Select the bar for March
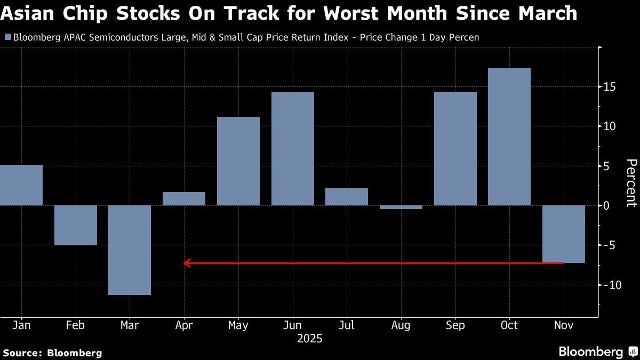130,250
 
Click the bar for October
509,137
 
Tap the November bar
564,234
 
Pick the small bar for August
401,207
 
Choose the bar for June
293,149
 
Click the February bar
75,225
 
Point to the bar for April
184,198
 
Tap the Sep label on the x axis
455,325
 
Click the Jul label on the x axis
347,325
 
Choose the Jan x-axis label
21,325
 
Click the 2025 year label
310,339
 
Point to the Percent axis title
631,182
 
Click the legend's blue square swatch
7,37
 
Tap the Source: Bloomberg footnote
52,353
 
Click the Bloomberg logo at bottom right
597,352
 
